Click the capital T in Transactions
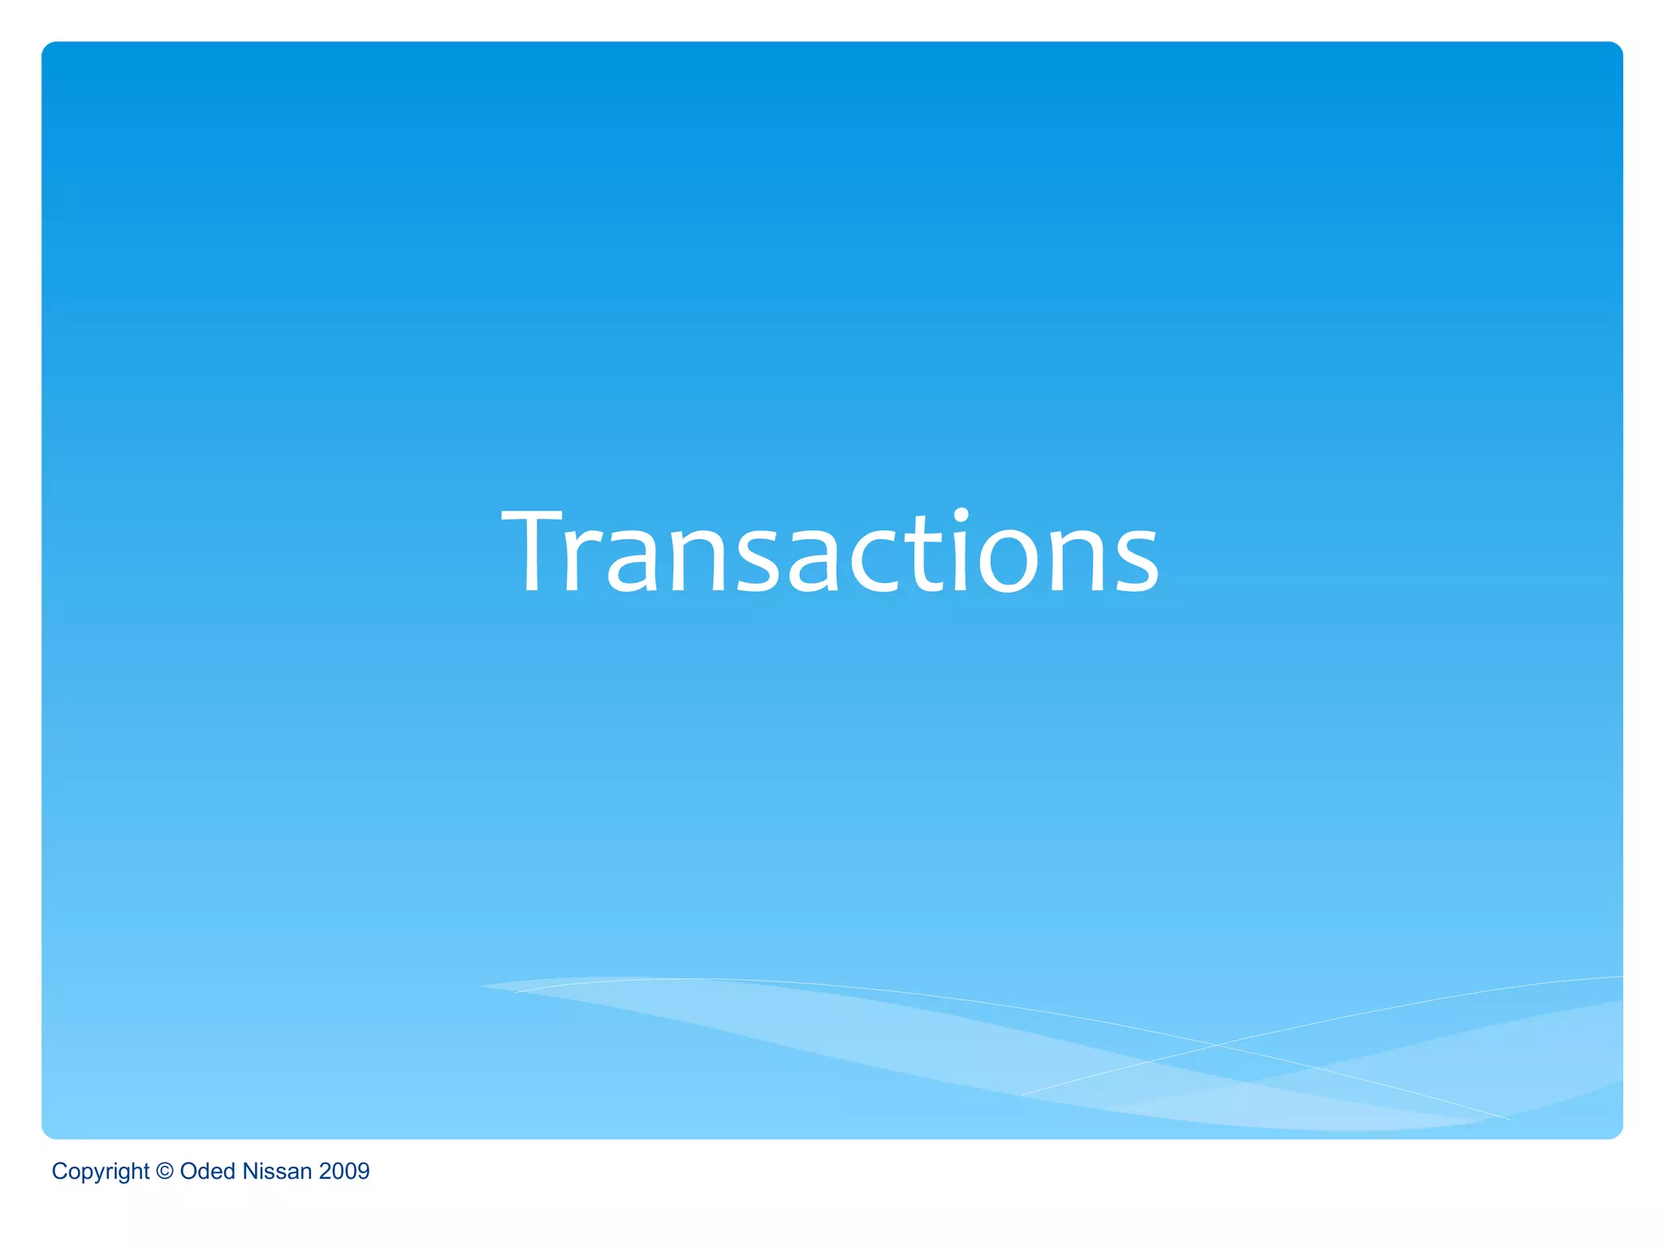[x=533, y=552]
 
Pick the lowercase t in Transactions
[x=925, y=556]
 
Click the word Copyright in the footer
[x=100, y=1171]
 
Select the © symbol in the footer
[x=165, y=1171]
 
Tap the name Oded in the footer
[x=207, y=1171]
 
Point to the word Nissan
[x=277, y=1171]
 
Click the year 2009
[x=344, y=1171]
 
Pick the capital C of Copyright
[x=59, y=1171]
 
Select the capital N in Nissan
[x=250, y=1171]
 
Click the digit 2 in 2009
[x=325, y=1171]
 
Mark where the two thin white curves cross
[x=1216, y=1046]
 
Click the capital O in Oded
[x=188, y=1171]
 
